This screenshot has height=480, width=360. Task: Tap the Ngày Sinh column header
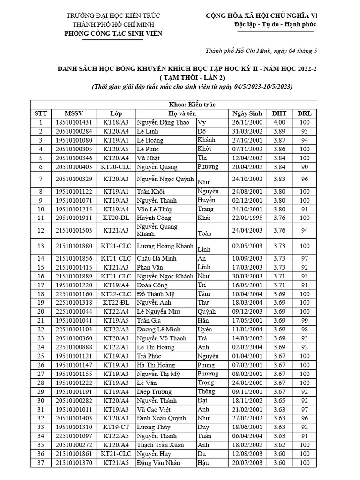[247, 113]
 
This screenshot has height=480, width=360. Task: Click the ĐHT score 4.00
[279, 122]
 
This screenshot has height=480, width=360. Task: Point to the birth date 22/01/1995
[247, 217]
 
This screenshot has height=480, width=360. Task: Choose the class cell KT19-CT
[116, 427]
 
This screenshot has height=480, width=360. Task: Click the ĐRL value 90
[305, 167]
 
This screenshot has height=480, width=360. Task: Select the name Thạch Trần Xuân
[160, 445]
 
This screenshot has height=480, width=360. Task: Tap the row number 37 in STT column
[40, 463]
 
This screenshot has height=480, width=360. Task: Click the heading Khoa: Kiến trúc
[192, 105]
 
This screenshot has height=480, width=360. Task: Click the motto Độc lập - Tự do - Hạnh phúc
[275, 24]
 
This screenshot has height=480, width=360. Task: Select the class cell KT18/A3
[116, 122]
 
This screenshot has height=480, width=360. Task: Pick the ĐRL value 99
[305, 320]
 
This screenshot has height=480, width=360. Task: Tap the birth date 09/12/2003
[247, 311]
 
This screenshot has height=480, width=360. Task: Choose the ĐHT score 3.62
[279, 445]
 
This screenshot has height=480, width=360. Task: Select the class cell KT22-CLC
[116, 293]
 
